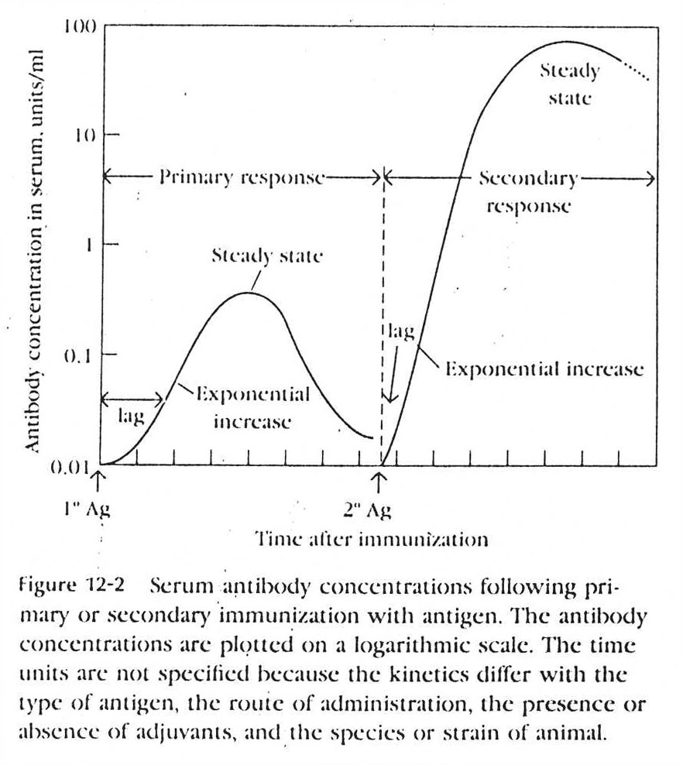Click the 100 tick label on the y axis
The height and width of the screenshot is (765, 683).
coord(80,27)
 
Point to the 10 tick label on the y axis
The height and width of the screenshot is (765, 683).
coord(83,136)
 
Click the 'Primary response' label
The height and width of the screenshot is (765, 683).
coord(242,178)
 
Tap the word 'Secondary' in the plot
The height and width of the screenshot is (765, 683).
coord(527,179)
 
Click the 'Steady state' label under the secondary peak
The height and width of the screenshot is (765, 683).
coord(569,84)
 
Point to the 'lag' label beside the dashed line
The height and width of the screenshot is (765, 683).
coord(402,333)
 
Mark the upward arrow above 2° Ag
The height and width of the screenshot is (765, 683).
coord(379,481)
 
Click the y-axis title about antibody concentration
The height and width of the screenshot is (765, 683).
coord(33,250)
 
